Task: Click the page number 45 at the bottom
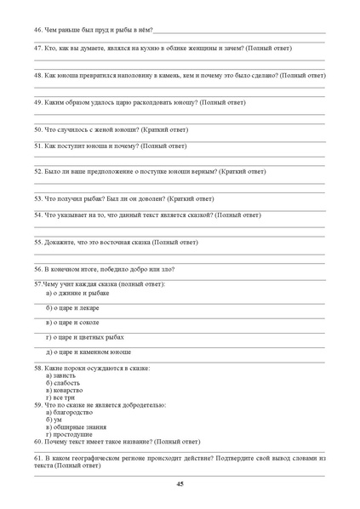click(x=180, y=483)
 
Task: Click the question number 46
click(x=38, y=30)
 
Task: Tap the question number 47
click(x=38, y=49)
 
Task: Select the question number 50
click(x=38, y=130)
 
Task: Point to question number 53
click(x=38, y=198)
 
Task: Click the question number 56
click(x=38, y=268)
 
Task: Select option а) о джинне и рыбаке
click(x=77, y=294)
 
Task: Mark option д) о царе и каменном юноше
click(x=89, y=352)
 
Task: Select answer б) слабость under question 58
click(x=62, y=383)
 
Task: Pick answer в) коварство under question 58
click(x=64, y=390)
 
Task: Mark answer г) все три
click(x=60, y=397)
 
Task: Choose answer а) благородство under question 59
click(x=68, y=413)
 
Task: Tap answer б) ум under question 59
click(x=54, y=420)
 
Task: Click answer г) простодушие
click(x=69, y=434)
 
